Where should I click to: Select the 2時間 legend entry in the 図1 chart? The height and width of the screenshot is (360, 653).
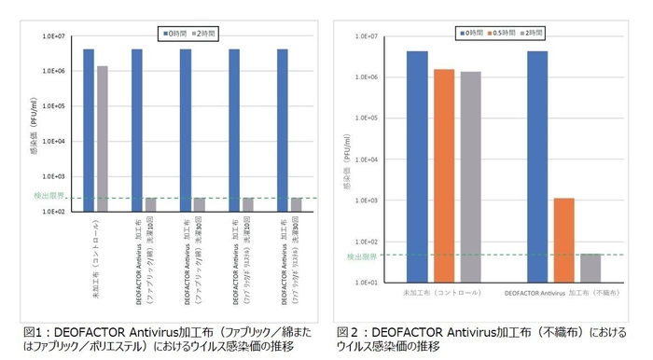pos(204,34)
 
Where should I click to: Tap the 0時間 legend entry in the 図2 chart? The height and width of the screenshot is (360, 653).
pos(468,33)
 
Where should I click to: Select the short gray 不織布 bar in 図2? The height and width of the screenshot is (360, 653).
pos(590,267)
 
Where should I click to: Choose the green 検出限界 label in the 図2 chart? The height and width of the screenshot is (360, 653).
pos(361,256)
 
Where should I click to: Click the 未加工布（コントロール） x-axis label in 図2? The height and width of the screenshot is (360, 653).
pos(443,293)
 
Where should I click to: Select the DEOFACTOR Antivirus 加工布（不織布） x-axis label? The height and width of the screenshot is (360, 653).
pos(563,293)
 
